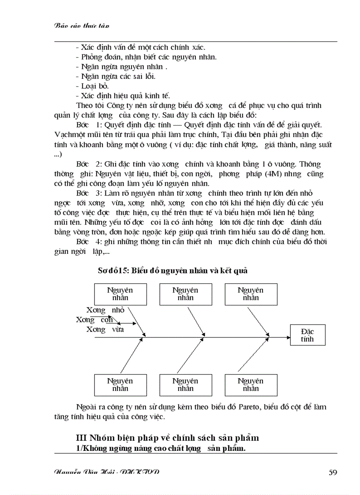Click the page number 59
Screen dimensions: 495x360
pyautogui.click(x=333, y=473)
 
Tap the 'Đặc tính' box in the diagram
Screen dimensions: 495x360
pyautogui.click(x=307, y=335)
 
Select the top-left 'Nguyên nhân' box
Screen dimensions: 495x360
pyautogui.click(x=120, y=294)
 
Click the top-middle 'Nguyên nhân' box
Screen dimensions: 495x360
pyautogui.click(x=185, y=294)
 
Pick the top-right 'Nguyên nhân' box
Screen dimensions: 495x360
pyautogui.click(x=251, y=294)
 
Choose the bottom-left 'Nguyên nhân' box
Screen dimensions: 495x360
pyautogui.click(x=120, y=385)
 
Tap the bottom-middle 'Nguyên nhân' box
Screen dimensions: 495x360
pyautogui.click(x=185, y=385)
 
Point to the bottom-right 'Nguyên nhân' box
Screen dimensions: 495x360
pyautogui.click(x=251, y=385)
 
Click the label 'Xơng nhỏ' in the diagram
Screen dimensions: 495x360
pyautogui.click(x=105, y=310)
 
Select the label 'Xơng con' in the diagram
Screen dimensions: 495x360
pyautogui.click(x=94, y=320)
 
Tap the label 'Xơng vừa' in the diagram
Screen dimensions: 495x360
pyautogui.click(x=105, y=329)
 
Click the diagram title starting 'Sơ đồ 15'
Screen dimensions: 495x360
pyautogui.click(x=172, y=271)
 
